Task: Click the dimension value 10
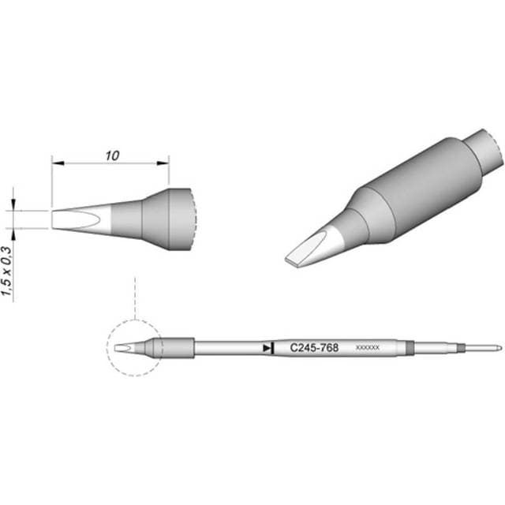click(x=110, y=155)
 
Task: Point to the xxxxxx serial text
click(x=368, y=348)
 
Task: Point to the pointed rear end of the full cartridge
click(x=497, y=347)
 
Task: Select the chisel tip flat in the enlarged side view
click(x=67, y=219)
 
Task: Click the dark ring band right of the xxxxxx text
click(x=409, y=347)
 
